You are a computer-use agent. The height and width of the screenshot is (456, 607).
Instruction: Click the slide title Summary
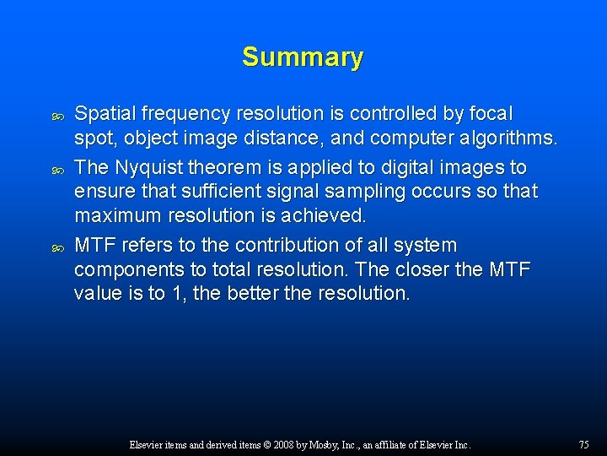tap(303, 57)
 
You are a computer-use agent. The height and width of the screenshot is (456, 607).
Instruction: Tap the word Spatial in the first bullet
tap(100, 113)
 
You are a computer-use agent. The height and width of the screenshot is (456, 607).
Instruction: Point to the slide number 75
tap(584, 444)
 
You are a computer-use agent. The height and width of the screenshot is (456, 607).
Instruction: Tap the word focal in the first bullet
tap(492, 113)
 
